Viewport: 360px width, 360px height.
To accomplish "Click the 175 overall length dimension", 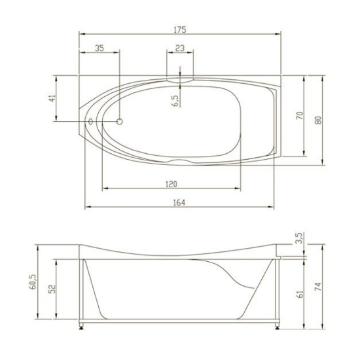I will click(x=180, y=30).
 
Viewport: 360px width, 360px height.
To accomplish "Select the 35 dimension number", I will click(x=99, y=48).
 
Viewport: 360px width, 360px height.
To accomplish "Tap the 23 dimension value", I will click(x=180, y=48).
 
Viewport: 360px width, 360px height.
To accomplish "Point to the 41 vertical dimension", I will click(x=52, y=99).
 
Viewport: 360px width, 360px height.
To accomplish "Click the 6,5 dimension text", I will click(x=175, y=100).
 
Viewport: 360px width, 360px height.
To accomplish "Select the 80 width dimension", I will click(x=318, y=120).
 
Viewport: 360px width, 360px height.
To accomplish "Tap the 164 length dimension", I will click(x=179, y=203).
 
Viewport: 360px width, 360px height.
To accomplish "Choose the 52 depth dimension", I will click(x=50, y=288).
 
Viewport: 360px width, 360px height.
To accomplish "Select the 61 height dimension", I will click(x=299, y=293).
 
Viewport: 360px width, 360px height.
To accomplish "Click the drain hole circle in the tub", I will click(x=120, y=122).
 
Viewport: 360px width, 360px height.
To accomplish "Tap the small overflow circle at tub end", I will click(x=90, y=122).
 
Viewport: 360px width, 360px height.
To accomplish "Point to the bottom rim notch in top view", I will click(x=181, y=161).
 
